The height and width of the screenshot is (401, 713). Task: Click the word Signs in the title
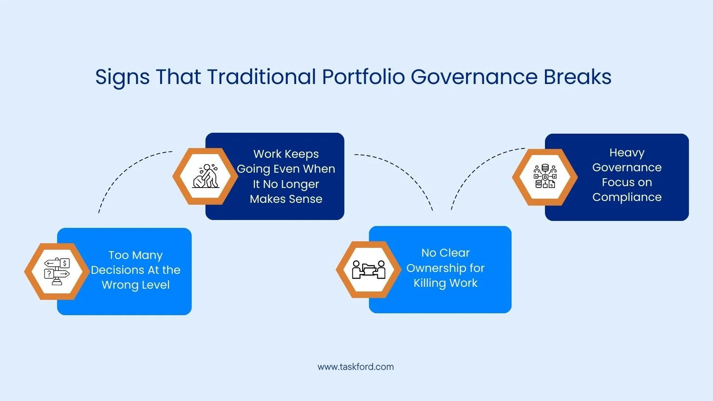[122, 78]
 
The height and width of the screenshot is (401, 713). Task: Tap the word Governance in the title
[474, 77]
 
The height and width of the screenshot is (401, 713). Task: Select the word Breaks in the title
[577, 77]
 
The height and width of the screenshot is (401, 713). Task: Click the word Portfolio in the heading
[363, 77]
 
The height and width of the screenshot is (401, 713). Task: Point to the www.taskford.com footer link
[356, 367]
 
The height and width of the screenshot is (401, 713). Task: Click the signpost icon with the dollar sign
[57, 272]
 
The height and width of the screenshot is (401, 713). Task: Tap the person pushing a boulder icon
[206, 176]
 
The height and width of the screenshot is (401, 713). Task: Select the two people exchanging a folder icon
[369, 270]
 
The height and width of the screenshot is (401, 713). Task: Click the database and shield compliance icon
[545, 176]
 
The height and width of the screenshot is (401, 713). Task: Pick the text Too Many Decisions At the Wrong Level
[136, 270]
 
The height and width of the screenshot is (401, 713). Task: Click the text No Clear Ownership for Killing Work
[445, 268]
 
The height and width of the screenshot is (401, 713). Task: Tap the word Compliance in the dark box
[627, 197]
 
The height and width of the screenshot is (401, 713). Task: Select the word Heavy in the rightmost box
[627, 153]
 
